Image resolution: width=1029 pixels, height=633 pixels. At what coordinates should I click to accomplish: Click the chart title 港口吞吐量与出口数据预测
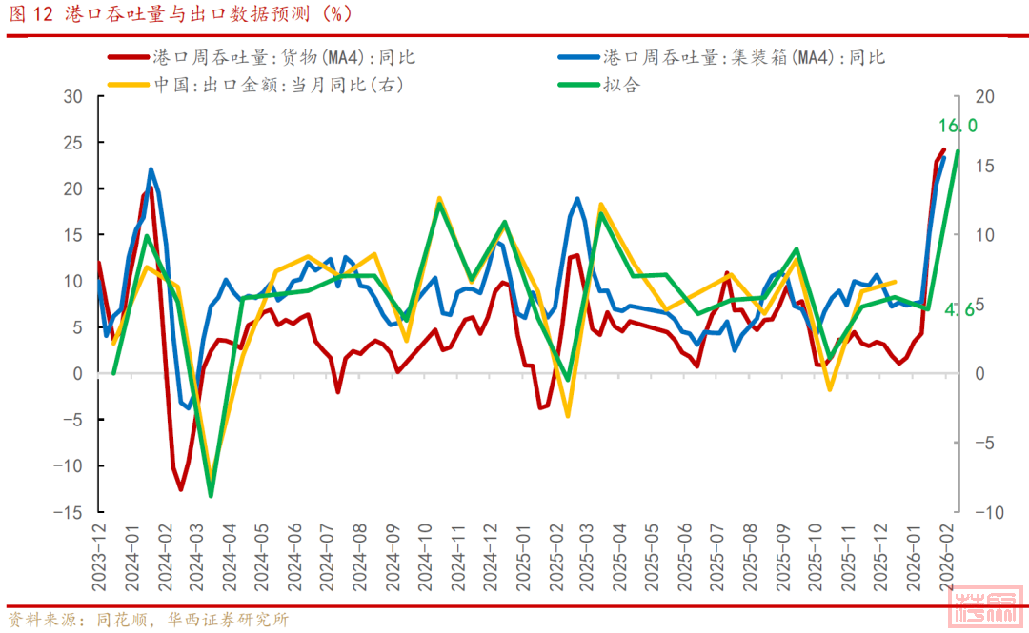181,14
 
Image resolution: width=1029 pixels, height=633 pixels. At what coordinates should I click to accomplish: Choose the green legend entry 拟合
620,85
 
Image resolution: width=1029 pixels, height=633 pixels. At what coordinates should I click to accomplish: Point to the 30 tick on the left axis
73,96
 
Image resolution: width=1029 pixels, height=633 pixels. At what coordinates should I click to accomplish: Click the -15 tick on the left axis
68,512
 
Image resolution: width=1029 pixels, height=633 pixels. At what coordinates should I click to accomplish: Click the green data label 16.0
958,126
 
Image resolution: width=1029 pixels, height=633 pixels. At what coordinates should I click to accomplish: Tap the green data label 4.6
959,309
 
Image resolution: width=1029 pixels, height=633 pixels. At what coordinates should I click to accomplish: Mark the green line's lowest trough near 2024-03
211,495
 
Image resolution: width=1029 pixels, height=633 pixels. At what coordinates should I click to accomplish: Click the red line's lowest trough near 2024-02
181,489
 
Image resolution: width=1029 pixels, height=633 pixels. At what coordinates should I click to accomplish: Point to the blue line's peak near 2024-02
151,169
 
